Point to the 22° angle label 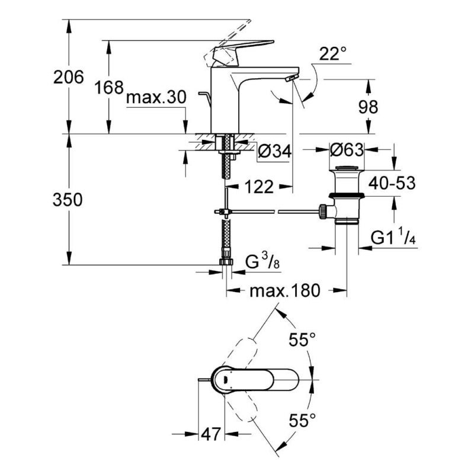click(332, 55)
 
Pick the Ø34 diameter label click(274, 152)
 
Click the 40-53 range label click(392, 182)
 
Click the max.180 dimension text click(284, 291)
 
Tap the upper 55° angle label click(302, 340)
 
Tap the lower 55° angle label click(302, 421)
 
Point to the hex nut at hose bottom click(226, 262)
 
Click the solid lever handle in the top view click(267, 380)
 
